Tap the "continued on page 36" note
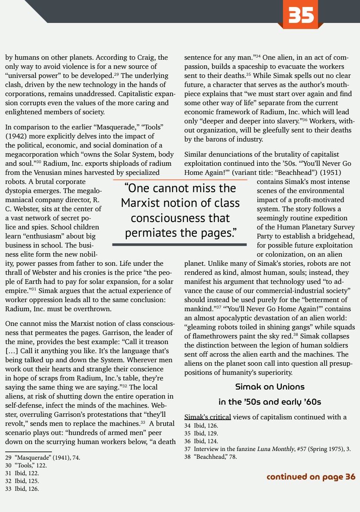point(311,477)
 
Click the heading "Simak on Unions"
point(270,386)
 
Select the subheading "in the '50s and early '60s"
point(270,402)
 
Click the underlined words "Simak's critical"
point(208,417)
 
